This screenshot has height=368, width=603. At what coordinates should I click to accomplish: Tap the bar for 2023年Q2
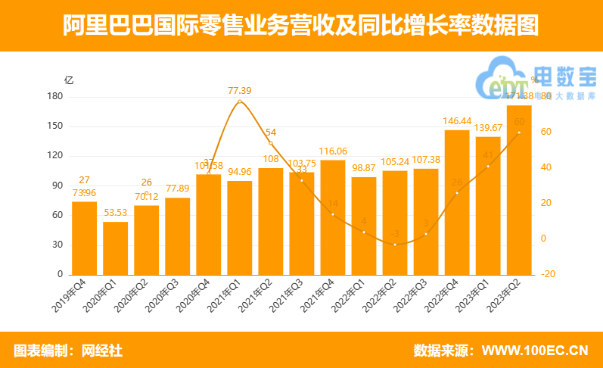(519, 189)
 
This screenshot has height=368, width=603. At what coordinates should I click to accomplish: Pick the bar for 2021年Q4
(333, 217)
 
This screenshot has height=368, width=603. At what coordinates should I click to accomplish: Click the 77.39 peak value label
(239, 91)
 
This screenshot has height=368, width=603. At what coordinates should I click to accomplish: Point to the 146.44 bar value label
(458, 121)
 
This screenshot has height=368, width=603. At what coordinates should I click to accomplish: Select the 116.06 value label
(333, 151)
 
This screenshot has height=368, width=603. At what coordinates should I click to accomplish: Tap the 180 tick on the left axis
(54, 97)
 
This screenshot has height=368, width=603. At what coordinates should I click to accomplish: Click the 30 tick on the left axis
(57, 245)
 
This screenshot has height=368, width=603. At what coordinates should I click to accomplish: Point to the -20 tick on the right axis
(549, 274)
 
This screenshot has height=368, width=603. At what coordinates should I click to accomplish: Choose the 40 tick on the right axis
(546, 167)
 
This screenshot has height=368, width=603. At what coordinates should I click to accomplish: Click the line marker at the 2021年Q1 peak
(239, 101)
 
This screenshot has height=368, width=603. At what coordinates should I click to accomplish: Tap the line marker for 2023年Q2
(519, 133)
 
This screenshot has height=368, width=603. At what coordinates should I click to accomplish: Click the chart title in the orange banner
(301, 26)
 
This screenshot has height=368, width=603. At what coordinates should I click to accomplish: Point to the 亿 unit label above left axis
(69, 80)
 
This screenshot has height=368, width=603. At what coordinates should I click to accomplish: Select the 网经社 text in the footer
(103, 351)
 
